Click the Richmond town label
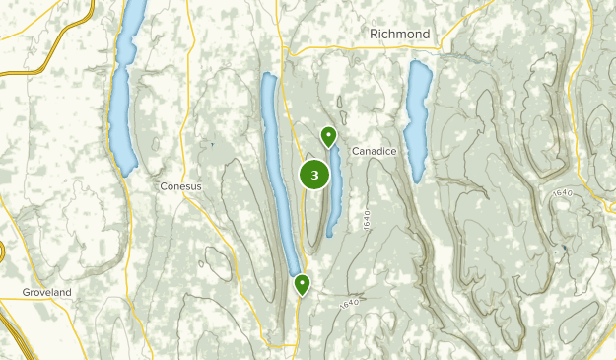[x=399, y=34]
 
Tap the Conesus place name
[x=180, y=185]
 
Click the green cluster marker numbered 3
[x=314, y=176]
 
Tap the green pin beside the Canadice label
[x=328, y=137]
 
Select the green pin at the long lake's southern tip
[x=302, y=285]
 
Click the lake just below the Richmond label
[x=419, y=113]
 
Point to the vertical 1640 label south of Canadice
[x=366, y=219]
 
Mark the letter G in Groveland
[x=28, y=293]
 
